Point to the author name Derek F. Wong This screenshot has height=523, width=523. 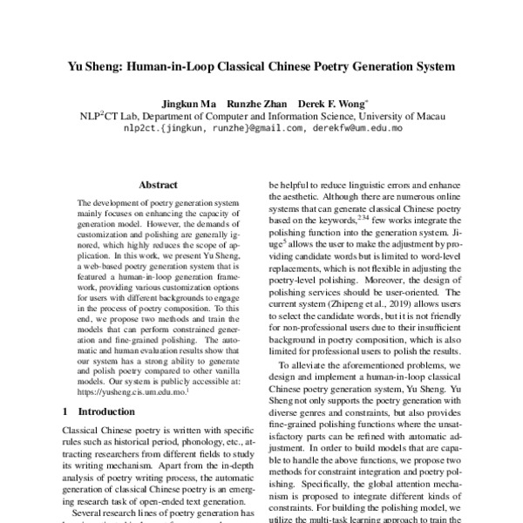coord(330,104)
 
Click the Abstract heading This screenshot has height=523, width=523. coord(158,185)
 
